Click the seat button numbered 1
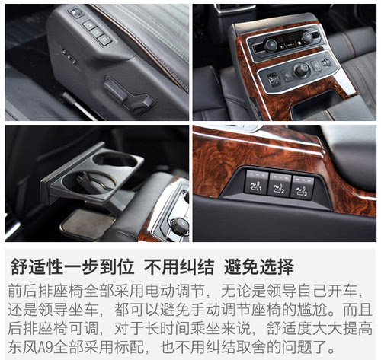click(256, 183)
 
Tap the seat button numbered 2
click(280, 185)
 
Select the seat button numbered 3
click(302, 188)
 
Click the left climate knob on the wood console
click(271, 45)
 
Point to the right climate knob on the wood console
click(307, 37)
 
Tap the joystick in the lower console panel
click(302, 70)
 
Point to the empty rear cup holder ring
click(115, 160)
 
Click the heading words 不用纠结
click(179, 266)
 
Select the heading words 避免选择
click(259, 266)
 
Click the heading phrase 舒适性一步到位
click(72, 266)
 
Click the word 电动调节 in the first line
click(175, 291)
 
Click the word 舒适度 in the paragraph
click(289, 329)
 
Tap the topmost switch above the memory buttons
click(75, 12)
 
